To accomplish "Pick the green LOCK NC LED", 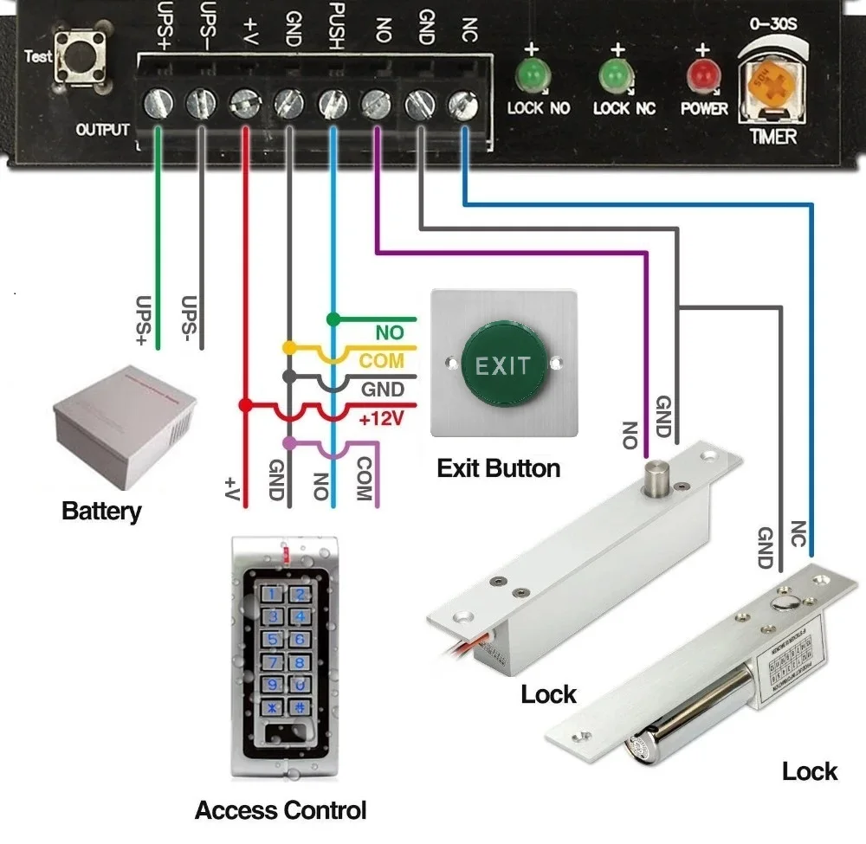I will pos(616,74).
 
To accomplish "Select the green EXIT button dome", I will pos(502,365).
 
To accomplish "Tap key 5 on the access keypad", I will pos(275,640).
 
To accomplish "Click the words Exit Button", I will pos(498,469).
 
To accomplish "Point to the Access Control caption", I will pos(281,811).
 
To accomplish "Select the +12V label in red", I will pos(380,419).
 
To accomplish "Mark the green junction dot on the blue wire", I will pos(332,319).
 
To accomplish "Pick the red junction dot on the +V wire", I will pos(246,404).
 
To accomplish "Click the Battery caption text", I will pos(101,511).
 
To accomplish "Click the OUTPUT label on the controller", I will pos(102,130).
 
